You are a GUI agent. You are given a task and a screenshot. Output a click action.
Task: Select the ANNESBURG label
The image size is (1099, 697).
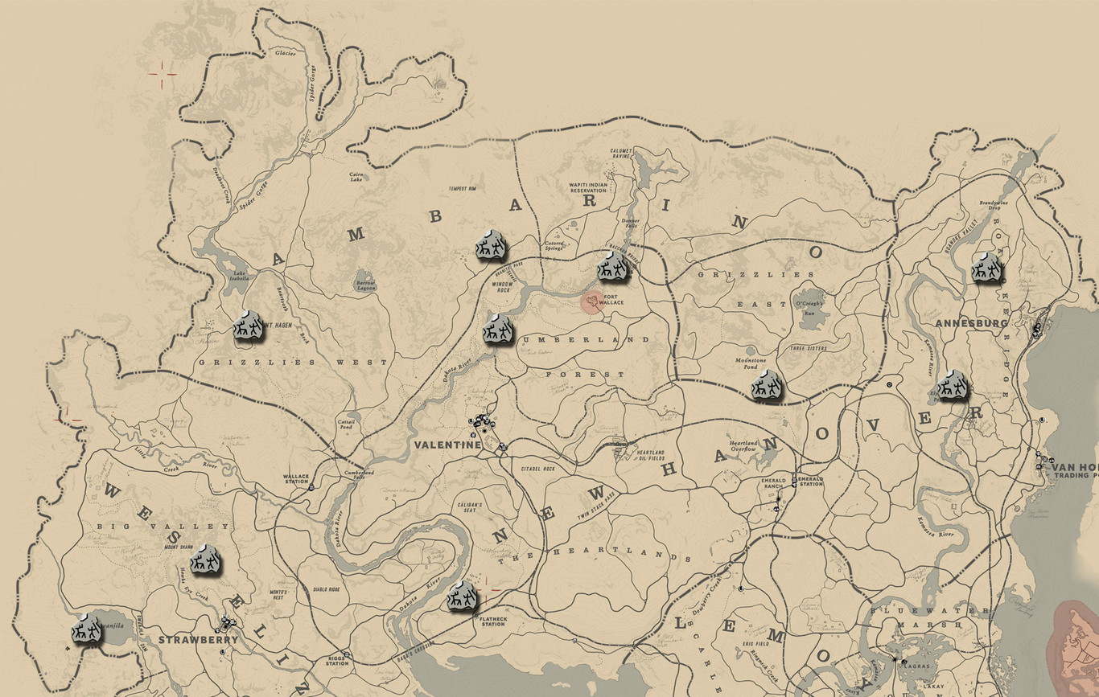(x=971, y=323)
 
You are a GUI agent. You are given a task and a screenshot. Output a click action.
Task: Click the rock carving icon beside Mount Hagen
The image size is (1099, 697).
(x=249, y=326)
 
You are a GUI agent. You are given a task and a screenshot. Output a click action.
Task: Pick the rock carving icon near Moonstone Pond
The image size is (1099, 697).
(x=768, y=386)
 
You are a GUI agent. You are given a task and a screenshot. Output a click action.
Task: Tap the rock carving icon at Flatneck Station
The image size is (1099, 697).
(x=462, y=597)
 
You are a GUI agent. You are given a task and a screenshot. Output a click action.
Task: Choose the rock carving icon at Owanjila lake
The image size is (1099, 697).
(x=87, y=629)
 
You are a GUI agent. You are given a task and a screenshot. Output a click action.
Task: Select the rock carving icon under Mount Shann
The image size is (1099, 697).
(x=207, y=559)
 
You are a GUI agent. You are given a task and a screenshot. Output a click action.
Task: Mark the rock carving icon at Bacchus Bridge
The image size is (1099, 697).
(x=612, y=267)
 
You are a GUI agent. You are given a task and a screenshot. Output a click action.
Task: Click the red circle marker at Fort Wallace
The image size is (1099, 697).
(x=593, y=302)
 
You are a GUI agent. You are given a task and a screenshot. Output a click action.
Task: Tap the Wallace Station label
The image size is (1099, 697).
(x=296, y=479)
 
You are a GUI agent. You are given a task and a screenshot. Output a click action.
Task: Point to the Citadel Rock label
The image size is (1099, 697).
(x=538, y=468)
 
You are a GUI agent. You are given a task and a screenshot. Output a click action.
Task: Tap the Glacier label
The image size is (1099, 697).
(x=286, y=54)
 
